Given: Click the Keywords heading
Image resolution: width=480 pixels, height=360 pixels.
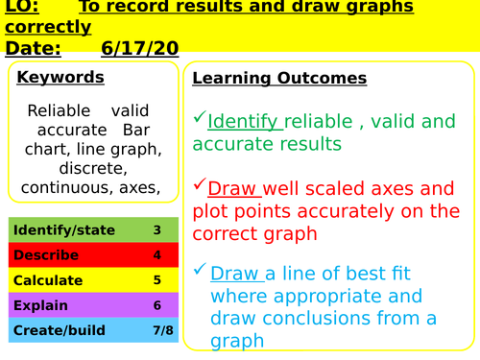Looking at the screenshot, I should (x=60, y=78).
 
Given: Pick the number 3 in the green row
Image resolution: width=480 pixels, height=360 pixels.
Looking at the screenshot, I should (x=156, y=230).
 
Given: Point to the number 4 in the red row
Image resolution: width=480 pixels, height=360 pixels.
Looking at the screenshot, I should (x=156, y=255).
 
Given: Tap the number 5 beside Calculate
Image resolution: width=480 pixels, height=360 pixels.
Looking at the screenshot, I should (x=156, y=280).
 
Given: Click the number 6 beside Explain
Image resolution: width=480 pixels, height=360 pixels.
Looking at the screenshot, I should (x=156, y=305).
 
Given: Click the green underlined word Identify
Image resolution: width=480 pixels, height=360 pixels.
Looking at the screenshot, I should (x=244, y=122).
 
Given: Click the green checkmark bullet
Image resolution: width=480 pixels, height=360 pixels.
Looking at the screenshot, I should (x=199, y=118).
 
